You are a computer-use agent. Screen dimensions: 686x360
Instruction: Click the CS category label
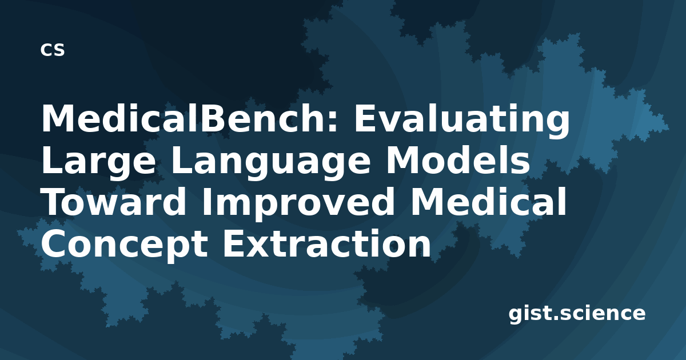(x=53, y=50)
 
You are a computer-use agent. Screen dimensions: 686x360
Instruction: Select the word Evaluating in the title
(x=462, y=122)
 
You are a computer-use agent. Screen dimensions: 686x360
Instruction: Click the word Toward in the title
(x=114, y=202)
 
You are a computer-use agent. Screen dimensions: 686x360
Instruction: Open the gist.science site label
(x=577, y=314)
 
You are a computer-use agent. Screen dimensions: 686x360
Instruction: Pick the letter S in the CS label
(x=59, y=50)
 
